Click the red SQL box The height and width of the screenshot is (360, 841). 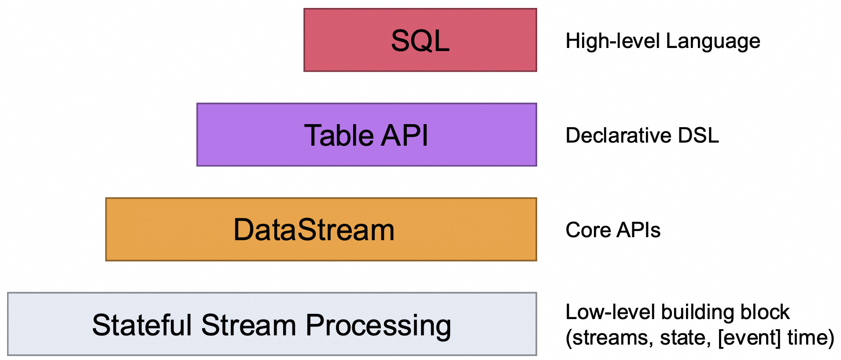pyautogui.click(x=420, y=40)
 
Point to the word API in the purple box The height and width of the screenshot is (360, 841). pyautogui.click(x=404, y=135)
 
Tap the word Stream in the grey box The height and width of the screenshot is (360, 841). pyautogui.click(x=248, y=325)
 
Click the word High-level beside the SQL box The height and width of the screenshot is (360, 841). pyautogui.click(x=612, y=41)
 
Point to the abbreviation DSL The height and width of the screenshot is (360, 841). pyautogui.click(x=698, y=135)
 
